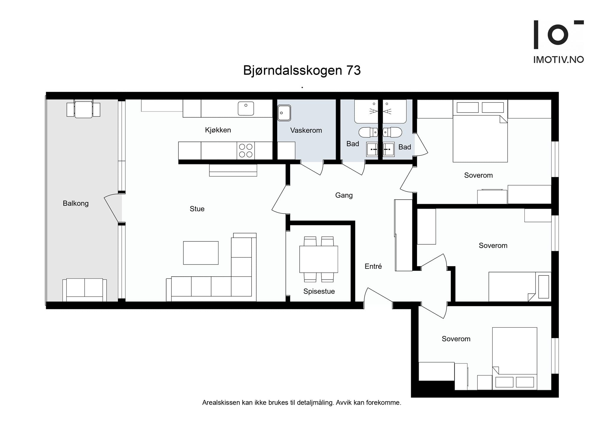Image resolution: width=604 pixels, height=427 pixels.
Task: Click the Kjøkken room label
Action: (218, 130)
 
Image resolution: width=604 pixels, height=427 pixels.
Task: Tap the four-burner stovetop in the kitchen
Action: (245, 150)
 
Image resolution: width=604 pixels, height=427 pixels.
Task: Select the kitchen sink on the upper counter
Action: (246, 109)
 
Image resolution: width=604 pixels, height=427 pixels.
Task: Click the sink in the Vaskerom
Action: (284, 113)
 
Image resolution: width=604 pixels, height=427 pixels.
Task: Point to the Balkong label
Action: (75, 203)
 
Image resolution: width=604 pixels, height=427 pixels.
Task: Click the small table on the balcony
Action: (83, 110)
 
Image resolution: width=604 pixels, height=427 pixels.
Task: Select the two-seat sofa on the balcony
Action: (85, 290)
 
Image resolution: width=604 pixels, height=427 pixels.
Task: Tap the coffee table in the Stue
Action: (201, 253)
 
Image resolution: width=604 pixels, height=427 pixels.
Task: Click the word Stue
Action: (197, 209)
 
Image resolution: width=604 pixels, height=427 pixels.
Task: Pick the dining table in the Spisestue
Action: (319, 259)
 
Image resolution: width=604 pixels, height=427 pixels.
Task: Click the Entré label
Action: (373, 266)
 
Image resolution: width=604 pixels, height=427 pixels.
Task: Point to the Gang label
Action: (344, 195)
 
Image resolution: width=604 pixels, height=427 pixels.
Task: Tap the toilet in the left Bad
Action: (367, 132)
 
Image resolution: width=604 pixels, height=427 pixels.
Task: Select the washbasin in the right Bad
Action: (388, 149)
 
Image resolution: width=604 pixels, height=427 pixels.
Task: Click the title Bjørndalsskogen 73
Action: (302, 70)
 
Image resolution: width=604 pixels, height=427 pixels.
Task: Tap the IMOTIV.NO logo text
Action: (558, 60)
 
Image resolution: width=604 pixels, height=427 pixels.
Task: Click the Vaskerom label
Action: (306, 130)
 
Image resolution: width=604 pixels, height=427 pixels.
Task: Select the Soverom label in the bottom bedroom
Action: (456, 339)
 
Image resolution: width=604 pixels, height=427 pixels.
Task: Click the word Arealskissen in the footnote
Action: (221, 403)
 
